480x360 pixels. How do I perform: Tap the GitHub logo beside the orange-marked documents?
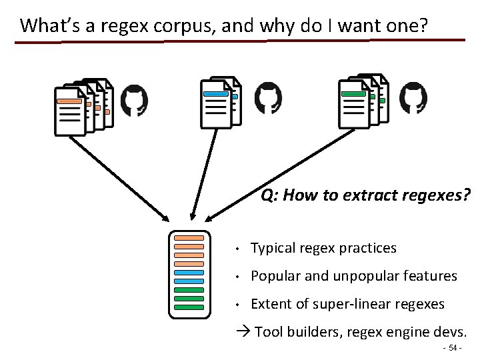[x=134, y=100]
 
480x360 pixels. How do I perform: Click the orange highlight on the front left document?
[x=69, y=101]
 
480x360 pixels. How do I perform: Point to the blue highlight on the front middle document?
[x=215, y=95]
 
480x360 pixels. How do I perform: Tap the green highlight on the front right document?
[x=353, y=95]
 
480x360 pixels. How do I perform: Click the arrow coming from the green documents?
[x=273, y=180]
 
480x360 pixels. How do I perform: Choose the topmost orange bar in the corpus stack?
[x=189, y=238]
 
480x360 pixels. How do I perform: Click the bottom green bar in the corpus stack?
[x=189, y=307]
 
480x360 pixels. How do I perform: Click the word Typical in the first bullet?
[x=273, y=248]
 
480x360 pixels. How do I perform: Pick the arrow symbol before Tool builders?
[x=245, y=332]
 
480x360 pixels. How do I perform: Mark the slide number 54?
[x=453, y=349]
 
